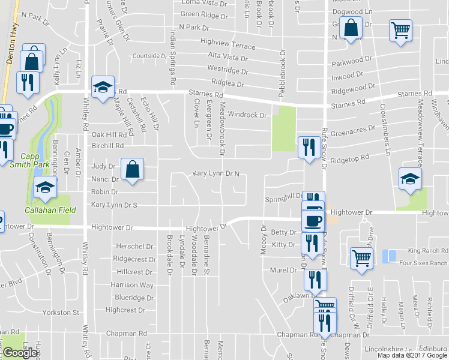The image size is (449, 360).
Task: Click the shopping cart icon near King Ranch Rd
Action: click(361, 259)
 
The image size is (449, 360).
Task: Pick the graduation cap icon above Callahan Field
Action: click(45, 187)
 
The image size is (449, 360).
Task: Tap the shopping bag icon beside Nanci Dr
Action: click(132, 169)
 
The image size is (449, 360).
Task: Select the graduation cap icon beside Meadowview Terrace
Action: click(411, 178)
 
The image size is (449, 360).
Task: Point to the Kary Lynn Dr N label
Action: click(216, 174)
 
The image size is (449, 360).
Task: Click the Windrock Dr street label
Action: click(247, 115)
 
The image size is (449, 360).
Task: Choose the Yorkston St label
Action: click(59, 313)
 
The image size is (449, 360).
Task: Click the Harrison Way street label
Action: click(132, 285)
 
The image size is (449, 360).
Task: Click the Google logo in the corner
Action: click(20, 353)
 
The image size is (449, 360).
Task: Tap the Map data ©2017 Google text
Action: click(412, 355)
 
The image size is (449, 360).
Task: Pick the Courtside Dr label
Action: click(149, 56)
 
